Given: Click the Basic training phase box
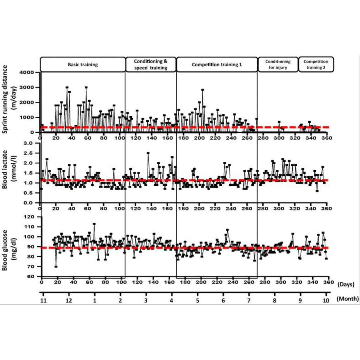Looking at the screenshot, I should pos(83,65).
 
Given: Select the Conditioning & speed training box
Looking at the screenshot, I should pos(151,65).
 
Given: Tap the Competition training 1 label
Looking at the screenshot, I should pos(217,65).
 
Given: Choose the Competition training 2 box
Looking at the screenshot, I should pos(316,65).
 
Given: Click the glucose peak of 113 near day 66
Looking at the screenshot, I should pos(94,224).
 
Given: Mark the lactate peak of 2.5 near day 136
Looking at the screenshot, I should pos(148,153).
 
